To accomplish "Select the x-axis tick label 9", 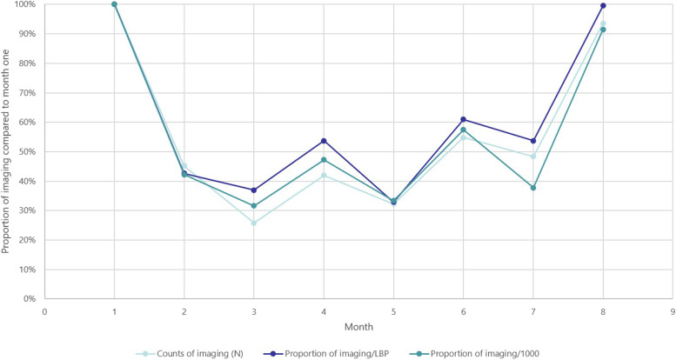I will coord(673,310).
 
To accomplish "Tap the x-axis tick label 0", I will coord(44,310).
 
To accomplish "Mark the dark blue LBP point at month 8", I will coord(603,6).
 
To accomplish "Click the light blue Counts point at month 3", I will coord(254,223).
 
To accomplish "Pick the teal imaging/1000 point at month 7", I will coord(533,188).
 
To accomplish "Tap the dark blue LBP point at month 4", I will coord(324,141).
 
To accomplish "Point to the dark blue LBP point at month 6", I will coord(463,119).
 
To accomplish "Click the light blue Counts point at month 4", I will coord(324,176).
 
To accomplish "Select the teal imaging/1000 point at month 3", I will coord(254,206).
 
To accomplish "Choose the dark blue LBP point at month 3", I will coord(254,190).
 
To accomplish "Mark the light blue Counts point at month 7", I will coord(533,157).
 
